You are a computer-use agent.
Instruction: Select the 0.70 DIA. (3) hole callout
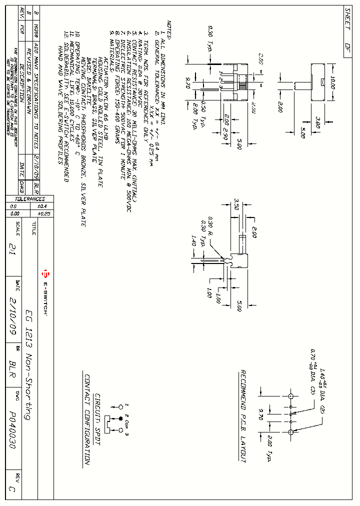(x=314, y=370)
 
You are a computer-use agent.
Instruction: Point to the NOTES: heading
(x=169, y=30)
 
